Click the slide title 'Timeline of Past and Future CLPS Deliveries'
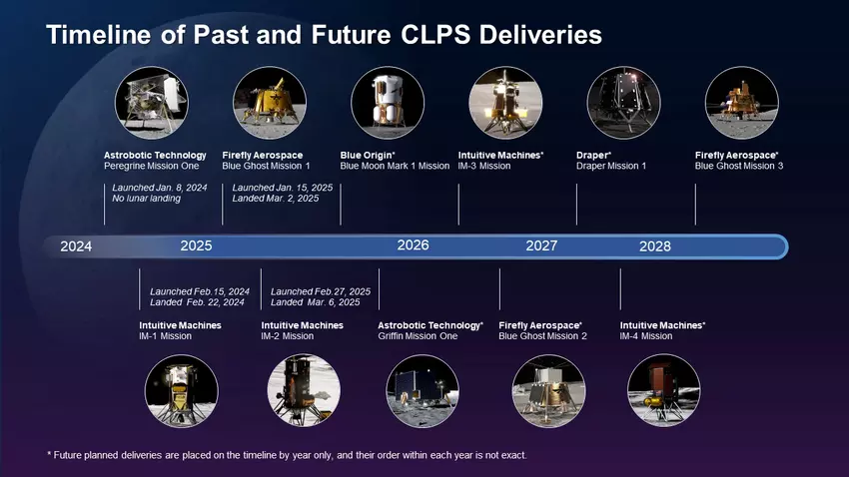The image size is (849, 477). tap(324, 35)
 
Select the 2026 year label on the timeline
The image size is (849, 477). tap(413, 245)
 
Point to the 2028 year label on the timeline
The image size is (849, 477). tap(655, 246)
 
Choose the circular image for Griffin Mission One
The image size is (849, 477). tap(422, 391)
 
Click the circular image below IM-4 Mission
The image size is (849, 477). tap(663, 391)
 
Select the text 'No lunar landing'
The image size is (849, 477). tap(146, 199)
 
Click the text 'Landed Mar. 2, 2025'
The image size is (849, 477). tap(275, 199)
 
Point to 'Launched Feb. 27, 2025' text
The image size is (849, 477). tap(320, 291)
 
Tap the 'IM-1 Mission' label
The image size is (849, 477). tap(165, 336)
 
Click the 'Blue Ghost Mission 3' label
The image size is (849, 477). tap(738, 166)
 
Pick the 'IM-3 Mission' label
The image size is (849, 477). tap(483, 166)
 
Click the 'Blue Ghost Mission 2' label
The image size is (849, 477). tap(542, 336)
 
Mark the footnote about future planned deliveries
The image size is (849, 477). tap(286, 455)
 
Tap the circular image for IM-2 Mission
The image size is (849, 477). tap(305, 391)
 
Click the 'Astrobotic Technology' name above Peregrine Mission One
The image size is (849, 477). tap(155, 155)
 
